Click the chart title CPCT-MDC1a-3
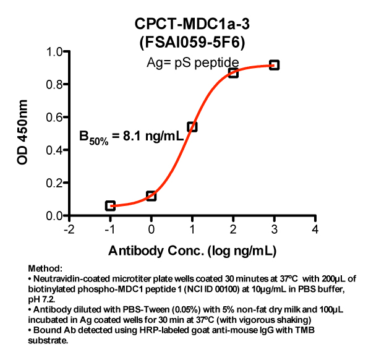tap(192, 24)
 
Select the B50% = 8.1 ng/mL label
tap(131, 137)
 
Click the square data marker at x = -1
tap(110, 206)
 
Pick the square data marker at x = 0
tap(151, 195)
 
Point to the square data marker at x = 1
tap(192, 127)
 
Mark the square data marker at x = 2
tap(233, 73)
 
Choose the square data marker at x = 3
tap(274, 65)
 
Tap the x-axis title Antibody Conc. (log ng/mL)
tap(192, 251)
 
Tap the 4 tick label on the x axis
tap(315, 229)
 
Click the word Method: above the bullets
tap(46, 269)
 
